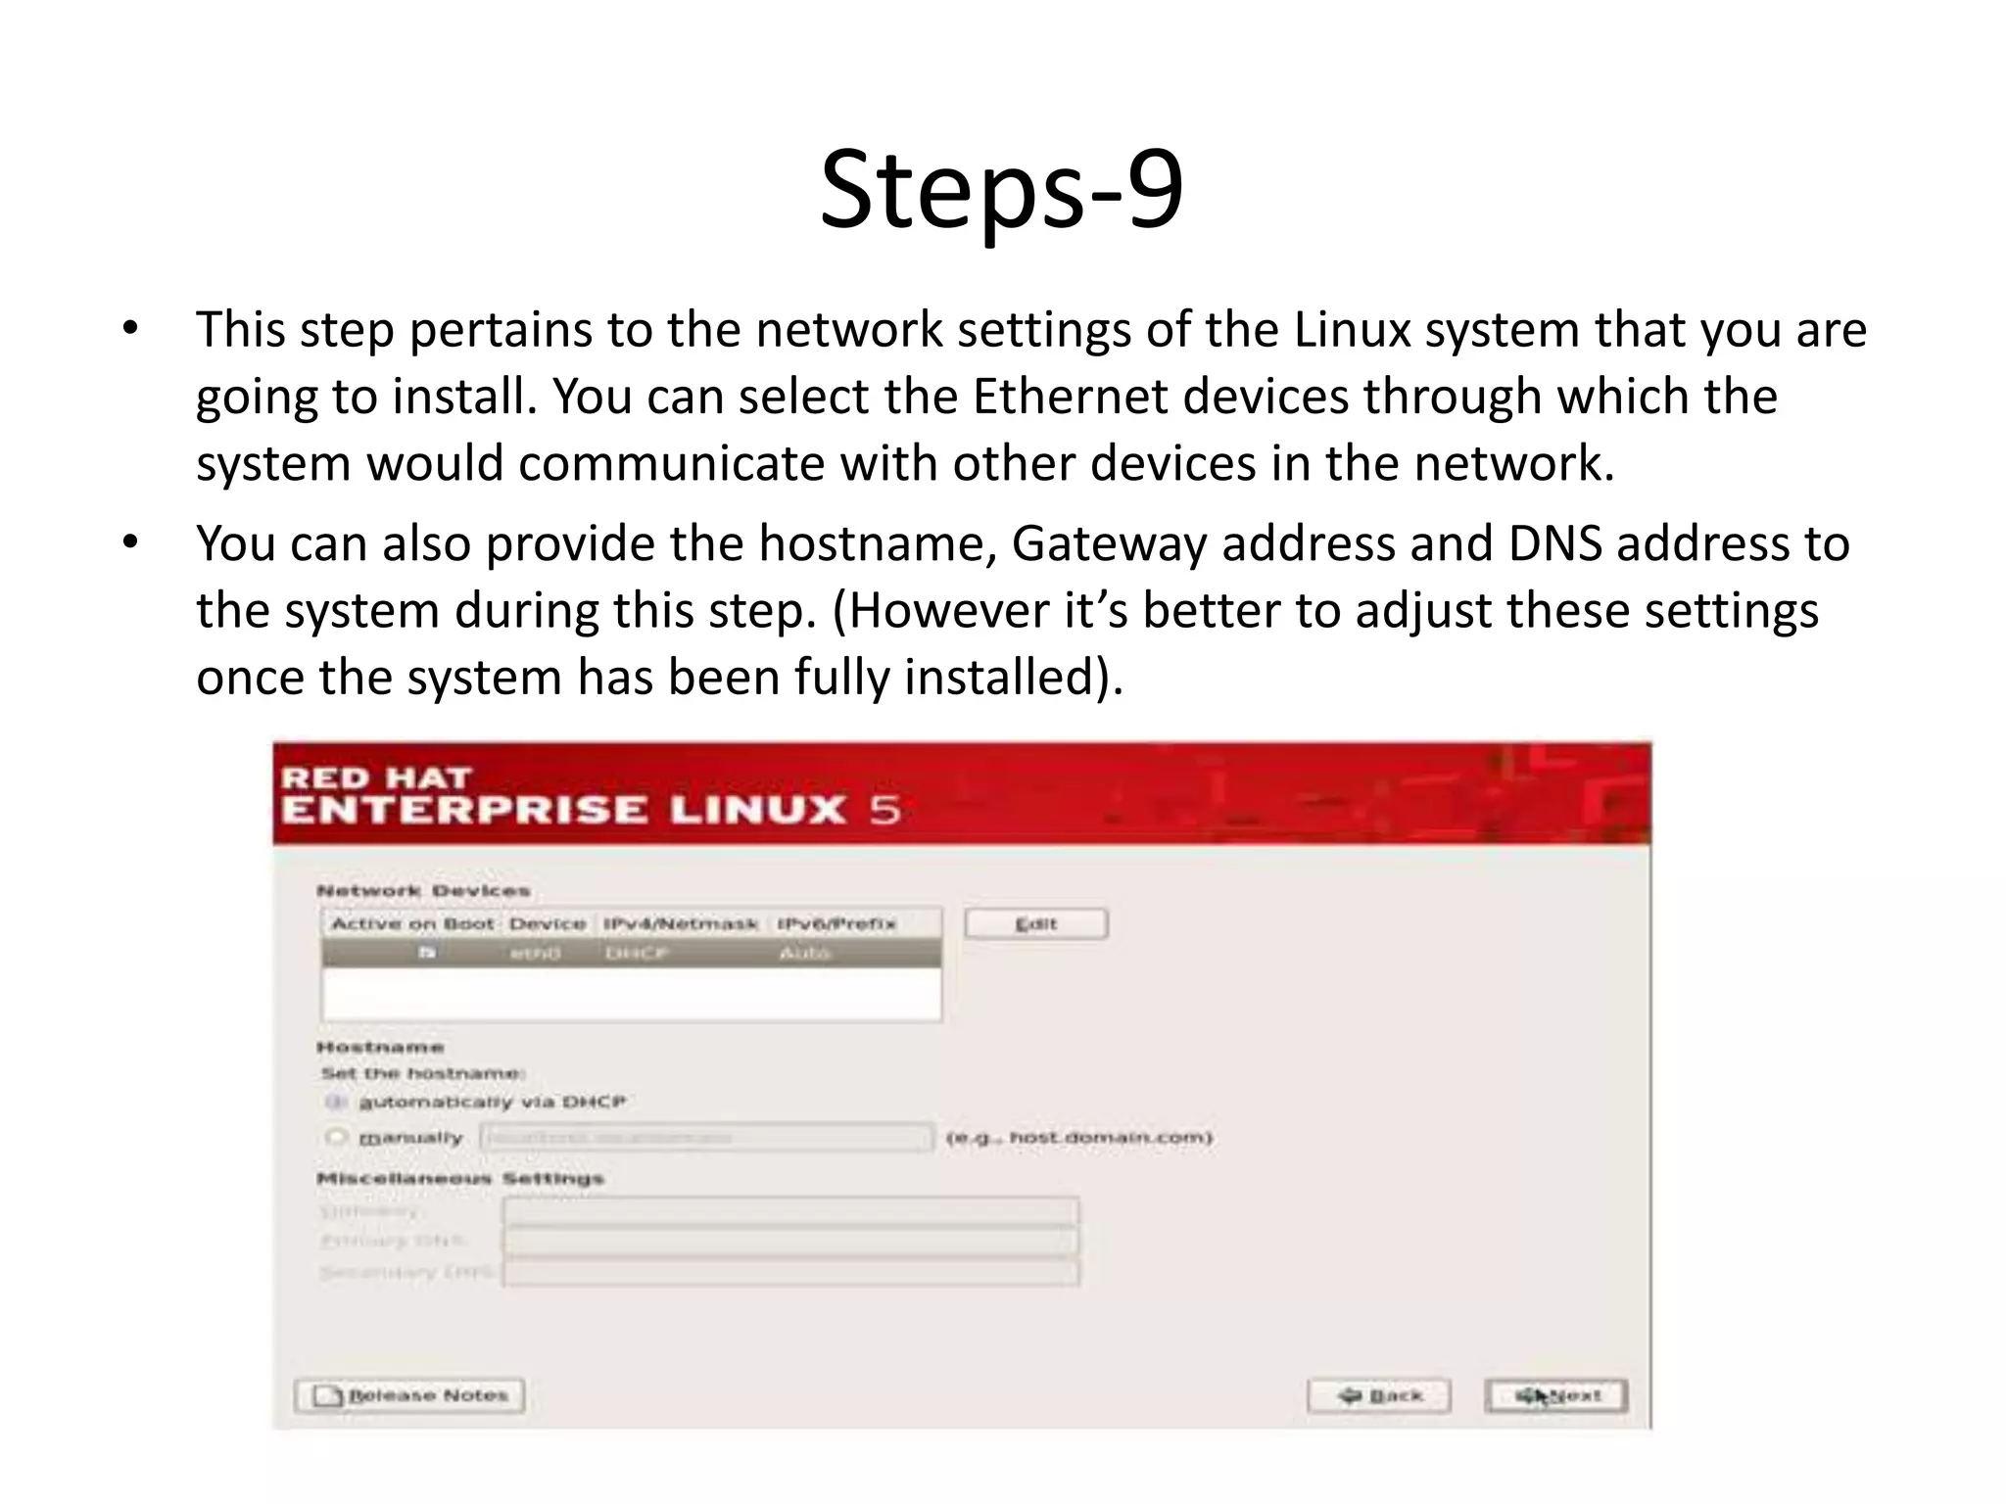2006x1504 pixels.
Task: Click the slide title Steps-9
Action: pos(1001,189)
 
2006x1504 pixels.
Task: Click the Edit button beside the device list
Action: pos(1035,923)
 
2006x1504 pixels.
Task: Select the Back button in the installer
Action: pos(1379,1395)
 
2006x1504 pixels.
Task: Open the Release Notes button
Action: pos(409,1395)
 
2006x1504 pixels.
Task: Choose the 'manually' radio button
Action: pos(336,1137)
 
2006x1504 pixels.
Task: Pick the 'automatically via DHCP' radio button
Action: pos(336,1102)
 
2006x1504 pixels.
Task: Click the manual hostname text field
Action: pos(705,1137)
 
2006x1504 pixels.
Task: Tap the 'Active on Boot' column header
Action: pos(412,923)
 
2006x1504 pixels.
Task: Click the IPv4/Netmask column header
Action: pos(680,923)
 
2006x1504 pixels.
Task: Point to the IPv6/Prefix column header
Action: pos(836,923)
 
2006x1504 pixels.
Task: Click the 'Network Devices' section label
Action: pos(423,890)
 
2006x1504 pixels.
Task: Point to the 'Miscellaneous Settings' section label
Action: pos(459,1178)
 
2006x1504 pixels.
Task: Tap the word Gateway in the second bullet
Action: pos(1108,543)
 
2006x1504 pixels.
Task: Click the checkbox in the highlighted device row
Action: pos(427,952)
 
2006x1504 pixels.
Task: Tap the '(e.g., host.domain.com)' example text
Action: pos(1078,1137)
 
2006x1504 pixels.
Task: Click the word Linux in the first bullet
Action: pos(1352,330)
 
